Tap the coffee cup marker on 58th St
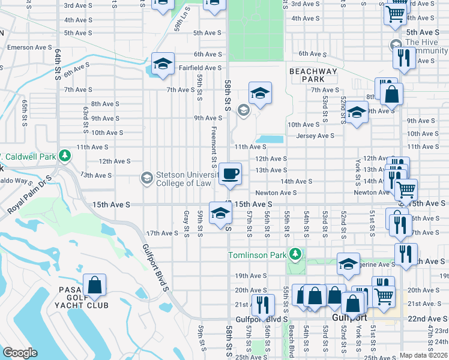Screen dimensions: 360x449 230,175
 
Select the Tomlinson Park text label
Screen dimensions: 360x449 257,255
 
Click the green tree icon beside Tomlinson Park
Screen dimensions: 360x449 294,254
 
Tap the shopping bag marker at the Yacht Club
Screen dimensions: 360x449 95,286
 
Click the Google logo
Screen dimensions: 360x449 20,353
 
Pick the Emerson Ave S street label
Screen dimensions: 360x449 29,47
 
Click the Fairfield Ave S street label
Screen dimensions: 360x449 200,68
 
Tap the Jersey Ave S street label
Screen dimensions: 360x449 315,136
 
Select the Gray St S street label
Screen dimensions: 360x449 187,223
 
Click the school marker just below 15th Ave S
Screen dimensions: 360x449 220,213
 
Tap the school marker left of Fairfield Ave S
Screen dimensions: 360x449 163,65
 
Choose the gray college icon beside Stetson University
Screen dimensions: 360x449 146,178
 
